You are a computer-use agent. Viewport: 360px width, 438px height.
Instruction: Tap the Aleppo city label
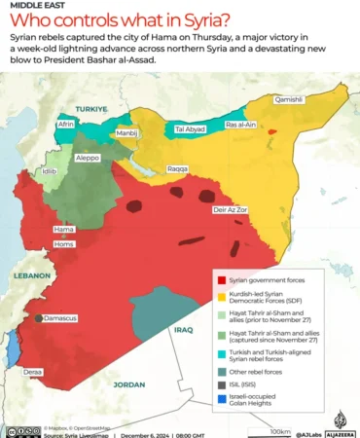(89, 157)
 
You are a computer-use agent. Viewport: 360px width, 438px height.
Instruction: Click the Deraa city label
(33, 372)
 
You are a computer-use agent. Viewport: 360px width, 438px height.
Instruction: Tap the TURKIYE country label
(95, 109)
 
